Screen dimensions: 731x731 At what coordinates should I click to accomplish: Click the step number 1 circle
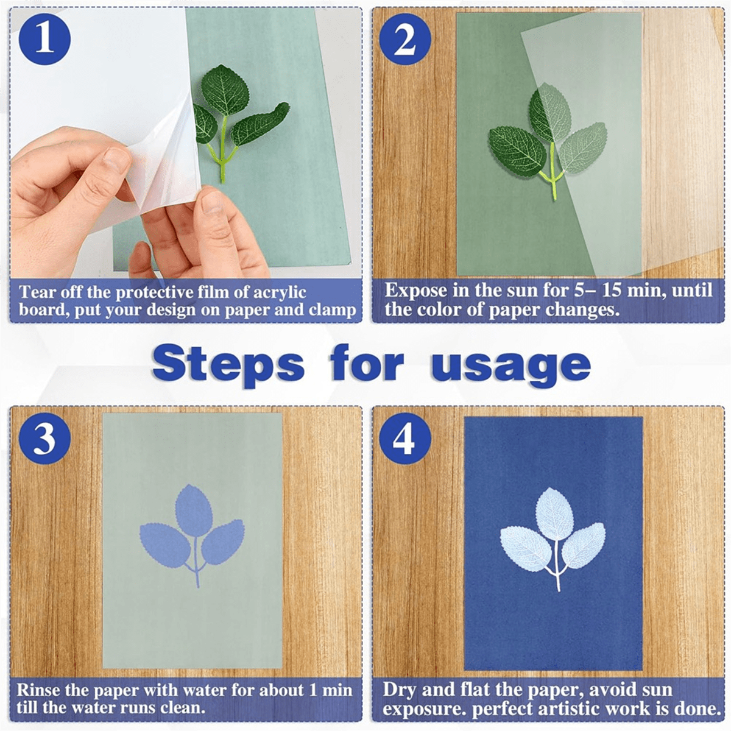[x=44, y=40]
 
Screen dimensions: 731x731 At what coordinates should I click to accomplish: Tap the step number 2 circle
[x=405, y=40]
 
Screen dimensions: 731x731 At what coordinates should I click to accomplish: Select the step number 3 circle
[x=44, y=437]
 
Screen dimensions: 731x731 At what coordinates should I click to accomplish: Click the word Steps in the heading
[x=227, y=365]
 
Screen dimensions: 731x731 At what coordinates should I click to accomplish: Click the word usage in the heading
[x=510, y=365]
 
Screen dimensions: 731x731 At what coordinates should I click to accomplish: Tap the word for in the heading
[x=367, y=364]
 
